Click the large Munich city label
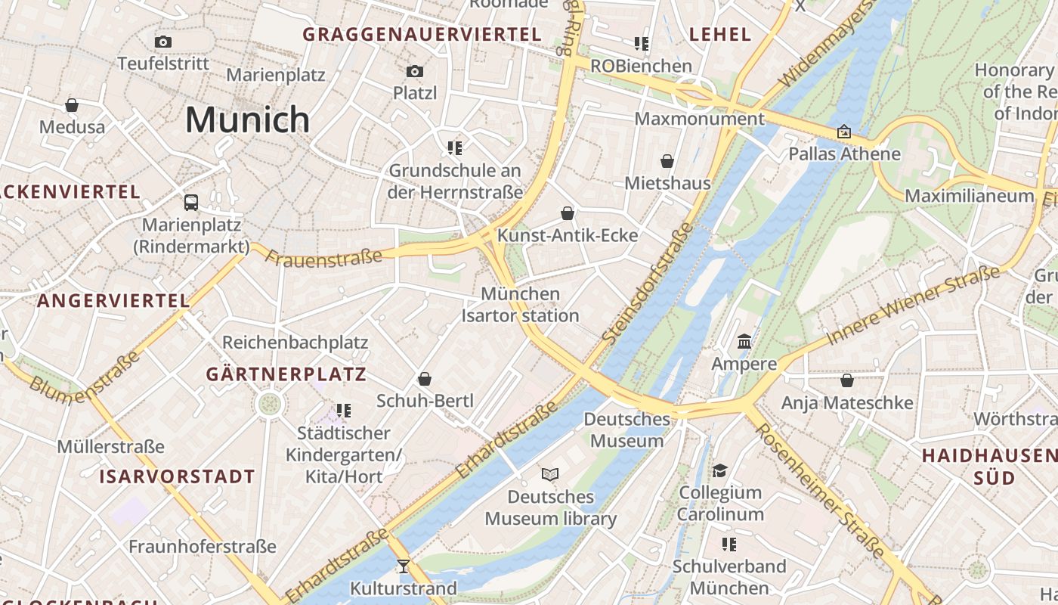point(247,119)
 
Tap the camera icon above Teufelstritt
point(163,42)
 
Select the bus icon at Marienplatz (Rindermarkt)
point(191,203)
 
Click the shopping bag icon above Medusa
point(72,104)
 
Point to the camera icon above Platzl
point(415,71)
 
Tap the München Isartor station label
point(520,305)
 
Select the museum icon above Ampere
point(744,341)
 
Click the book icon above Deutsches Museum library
point(550,474)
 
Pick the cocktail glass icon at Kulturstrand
point(404,566)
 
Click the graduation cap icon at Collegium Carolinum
point(719,470)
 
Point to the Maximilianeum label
point(969,196)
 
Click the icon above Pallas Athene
point(844,132)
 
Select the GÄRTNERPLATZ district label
point(286,374)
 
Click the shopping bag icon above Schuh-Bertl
point(425,378)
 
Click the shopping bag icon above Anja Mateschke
point(847,380)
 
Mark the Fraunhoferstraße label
point(202,546)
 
